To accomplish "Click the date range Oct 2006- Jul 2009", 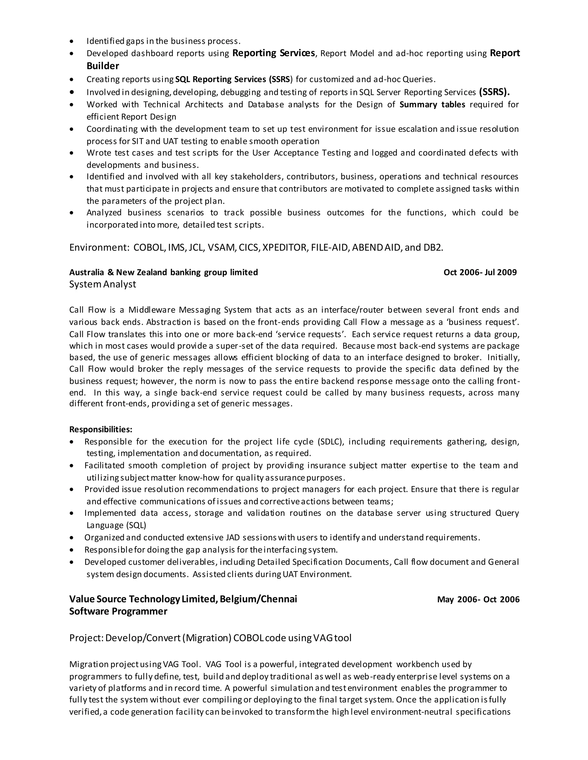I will point(480,272).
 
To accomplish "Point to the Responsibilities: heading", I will point(101,429).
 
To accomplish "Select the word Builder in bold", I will point(103,66).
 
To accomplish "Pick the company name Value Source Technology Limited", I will point(143,599).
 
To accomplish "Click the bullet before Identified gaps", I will point(72,41).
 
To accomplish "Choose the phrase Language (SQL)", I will point(116,525).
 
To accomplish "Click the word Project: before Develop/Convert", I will point(86,638).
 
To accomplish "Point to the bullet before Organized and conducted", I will point(72,538).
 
